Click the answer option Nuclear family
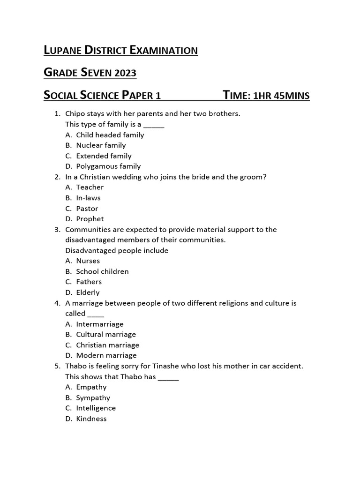click(x=101, y=145)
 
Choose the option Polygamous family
click(x=108, y=166)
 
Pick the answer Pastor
click(x=87, y=208)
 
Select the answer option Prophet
click(x=90, y=219)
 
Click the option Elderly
click(x=88, y=292)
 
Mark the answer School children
click(x=102, y=271)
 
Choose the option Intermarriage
click(x=100, y=324)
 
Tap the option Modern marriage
click(x=106, y=355)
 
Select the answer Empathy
click(x=91, y=387)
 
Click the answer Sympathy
click(x=93, y=397)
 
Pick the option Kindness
click(x=91, y=419)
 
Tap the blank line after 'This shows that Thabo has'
click(x=168, y=377)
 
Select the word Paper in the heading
click(x=137, y=96)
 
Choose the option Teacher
click(x=90, y=187)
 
